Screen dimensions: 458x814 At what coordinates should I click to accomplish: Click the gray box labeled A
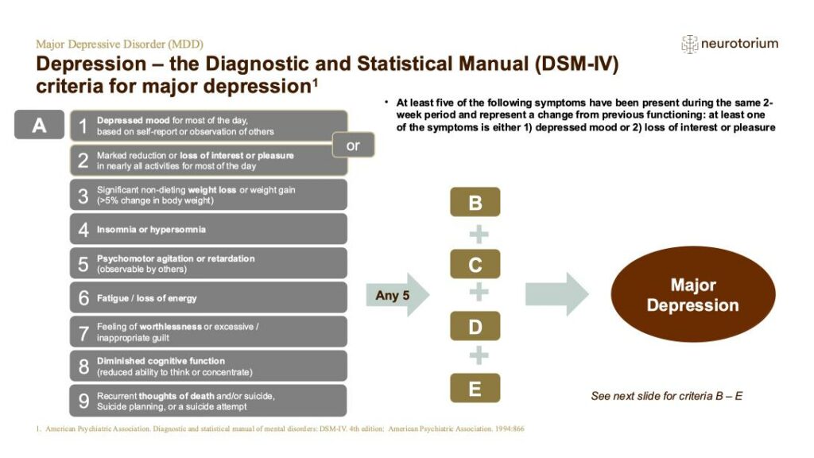[x=39, y=125]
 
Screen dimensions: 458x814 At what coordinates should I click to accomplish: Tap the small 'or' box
[x=353, y=146]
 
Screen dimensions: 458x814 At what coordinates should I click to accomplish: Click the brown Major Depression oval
[x=692, y=295]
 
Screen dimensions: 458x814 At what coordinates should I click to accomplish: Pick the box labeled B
[x=475, y=203]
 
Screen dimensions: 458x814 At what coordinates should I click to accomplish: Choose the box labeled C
[x=475, y=265]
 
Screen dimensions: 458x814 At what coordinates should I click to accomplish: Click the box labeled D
[x=475, y=326]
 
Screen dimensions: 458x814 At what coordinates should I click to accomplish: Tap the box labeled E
[x=475, y=388]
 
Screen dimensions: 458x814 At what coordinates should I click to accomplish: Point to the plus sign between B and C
[x=478, y=234]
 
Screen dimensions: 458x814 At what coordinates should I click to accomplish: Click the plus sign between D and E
[x=478, y=357]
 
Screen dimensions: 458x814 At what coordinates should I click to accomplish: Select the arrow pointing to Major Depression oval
[x=556, y=295]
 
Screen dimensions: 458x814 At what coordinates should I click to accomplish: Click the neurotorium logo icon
[x=689, y=44]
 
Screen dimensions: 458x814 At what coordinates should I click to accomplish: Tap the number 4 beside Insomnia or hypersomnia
[x=83, y=230]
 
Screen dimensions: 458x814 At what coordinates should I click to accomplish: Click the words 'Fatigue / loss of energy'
[x=146, y=298]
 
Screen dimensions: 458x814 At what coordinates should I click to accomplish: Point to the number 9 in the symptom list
[x=83, y=402]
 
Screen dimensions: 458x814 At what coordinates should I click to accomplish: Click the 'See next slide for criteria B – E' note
[x=666, y=396]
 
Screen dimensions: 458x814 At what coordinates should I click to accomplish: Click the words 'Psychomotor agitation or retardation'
[x=176, y=258]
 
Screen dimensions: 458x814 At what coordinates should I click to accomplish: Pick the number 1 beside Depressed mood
[x=83, y=126]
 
